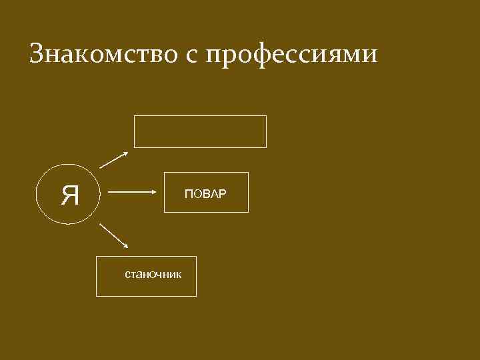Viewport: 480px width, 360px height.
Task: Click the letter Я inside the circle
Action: point(69,195)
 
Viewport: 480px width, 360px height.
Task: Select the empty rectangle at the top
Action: point(200,131)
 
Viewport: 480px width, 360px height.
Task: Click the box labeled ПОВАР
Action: point(206,193)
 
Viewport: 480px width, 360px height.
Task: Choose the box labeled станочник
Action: point(147,276)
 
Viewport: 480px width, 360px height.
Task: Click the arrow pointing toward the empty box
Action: point(113,159)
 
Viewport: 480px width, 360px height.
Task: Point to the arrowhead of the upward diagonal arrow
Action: point(125,153)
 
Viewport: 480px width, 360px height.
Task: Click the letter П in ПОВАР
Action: point(188,194)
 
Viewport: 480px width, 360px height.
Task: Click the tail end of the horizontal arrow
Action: point(109,193)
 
